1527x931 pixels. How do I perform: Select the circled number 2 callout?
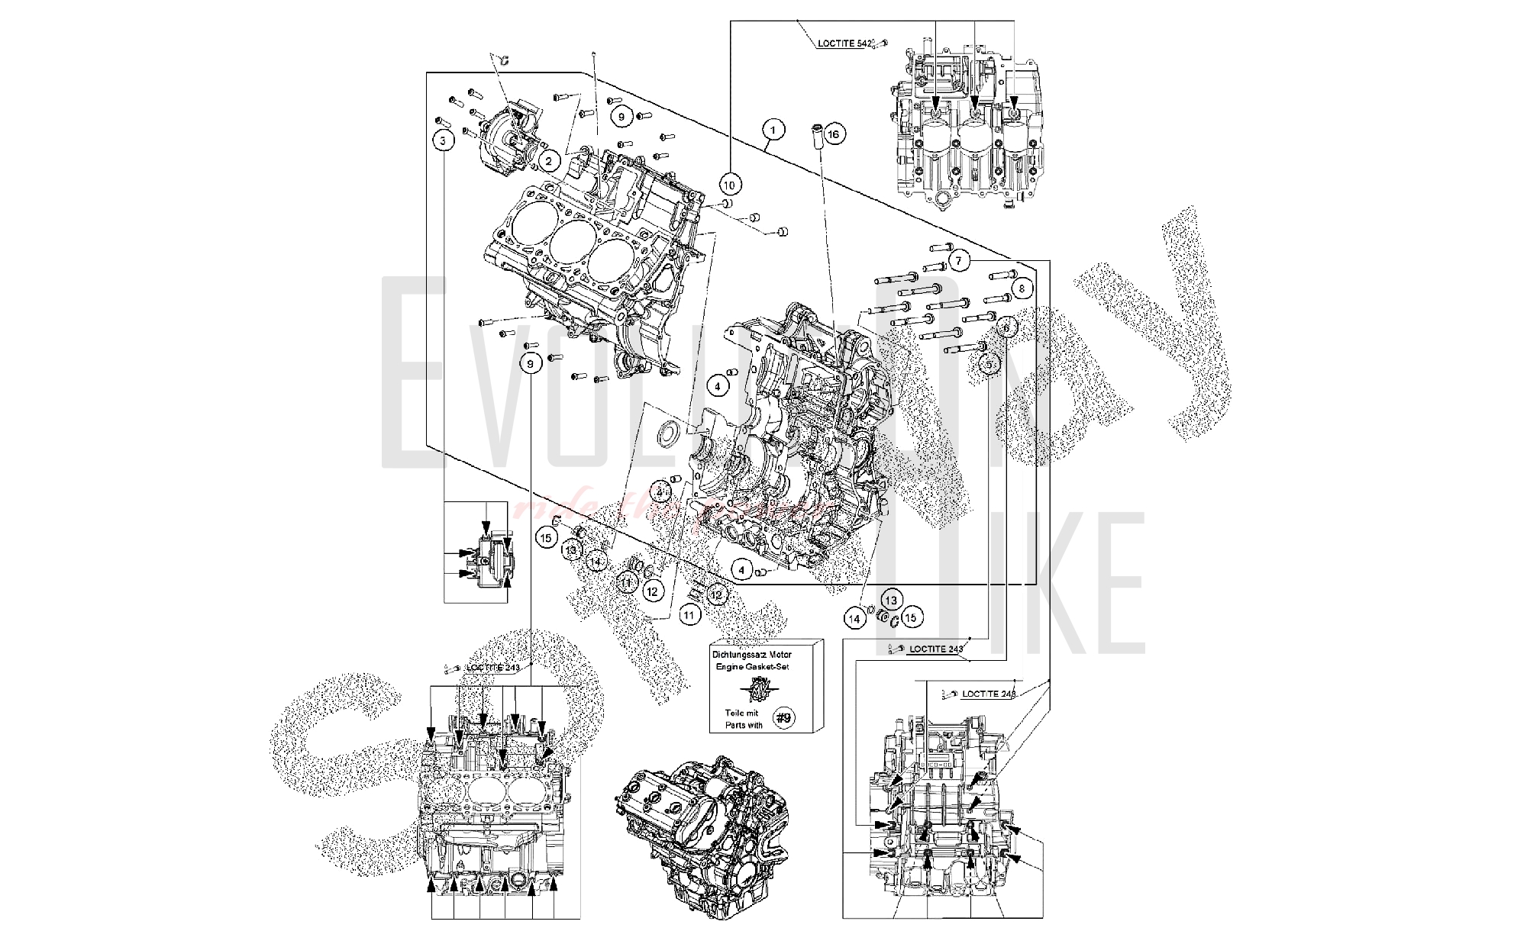point(548,160)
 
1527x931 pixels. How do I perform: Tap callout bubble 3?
point(443,140)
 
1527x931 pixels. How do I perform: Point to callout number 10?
point(729,184)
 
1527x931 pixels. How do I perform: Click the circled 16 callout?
point(833,135)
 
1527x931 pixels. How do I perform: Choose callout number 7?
point(959,261)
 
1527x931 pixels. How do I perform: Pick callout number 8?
point(1022,288)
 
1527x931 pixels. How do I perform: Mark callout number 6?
point(1006,327)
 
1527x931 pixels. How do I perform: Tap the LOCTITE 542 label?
point(844,44)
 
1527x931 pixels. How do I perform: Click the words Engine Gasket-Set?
point(752,666)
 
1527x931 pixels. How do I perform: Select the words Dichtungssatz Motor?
point(752,654)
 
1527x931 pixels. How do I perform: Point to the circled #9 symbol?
point(783,717)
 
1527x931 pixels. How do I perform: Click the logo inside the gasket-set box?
point(756,691)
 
